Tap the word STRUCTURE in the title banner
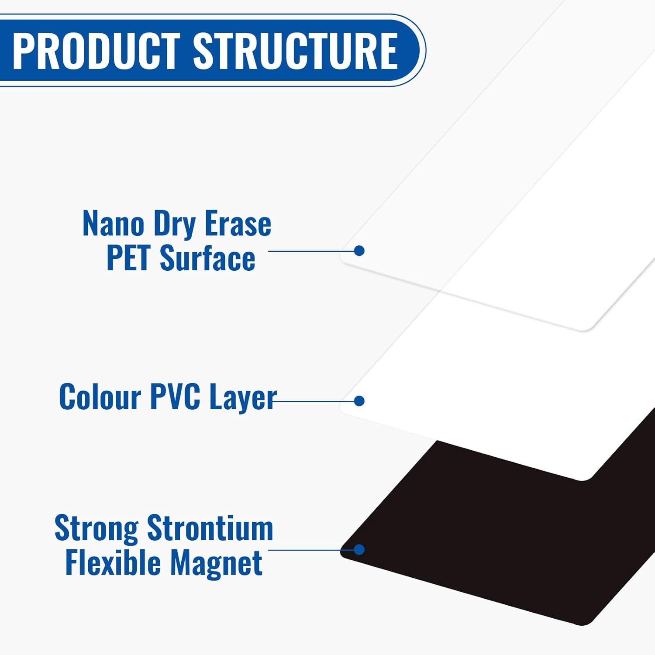tap(295, 51)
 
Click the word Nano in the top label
tap(113, 223)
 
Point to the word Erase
tap(238, 223)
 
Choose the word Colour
tap(100, 396)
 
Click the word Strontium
tap(210, 528)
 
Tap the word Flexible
tap(113, 562)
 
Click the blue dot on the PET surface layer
tap(359, 251)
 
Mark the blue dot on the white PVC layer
tap(359, 401)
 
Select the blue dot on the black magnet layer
tap(359, 549)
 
